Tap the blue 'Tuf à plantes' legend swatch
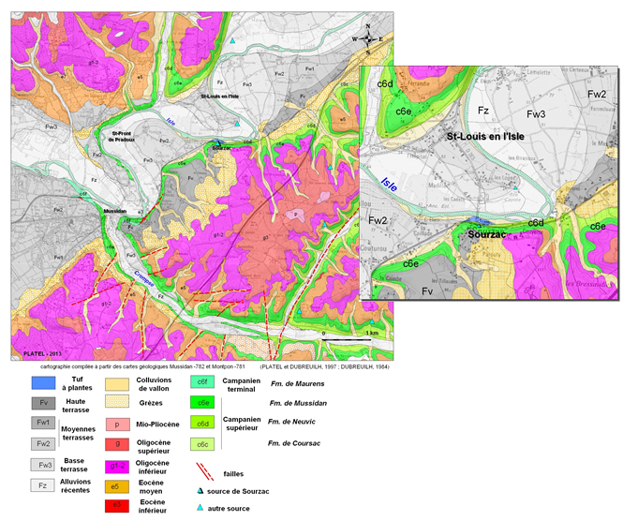coord(38,382)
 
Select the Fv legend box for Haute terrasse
coord(38,403)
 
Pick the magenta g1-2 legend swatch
coord(117,463)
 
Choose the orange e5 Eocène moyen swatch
coord(117,485)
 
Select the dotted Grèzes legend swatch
coord(117,403)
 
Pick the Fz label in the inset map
coord(483,111)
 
